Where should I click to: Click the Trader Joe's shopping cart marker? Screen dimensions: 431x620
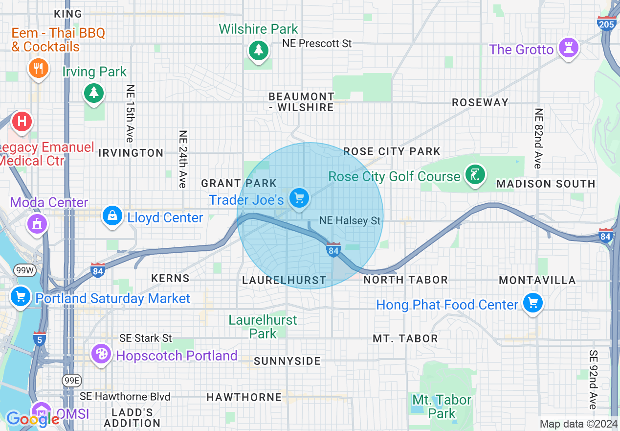point(299,198)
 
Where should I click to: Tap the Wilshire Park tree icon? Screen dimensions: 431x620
point(258,50)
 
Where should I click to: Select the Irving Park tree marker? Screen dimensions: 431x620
point(93,92)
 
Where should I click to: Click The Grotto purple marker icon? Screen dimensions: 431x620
point(569,48)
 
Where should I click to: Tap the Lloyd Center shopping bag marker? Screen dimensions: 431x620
point(112,216)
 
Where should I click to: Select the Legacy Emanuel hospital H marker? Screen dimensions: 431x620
point(22,120)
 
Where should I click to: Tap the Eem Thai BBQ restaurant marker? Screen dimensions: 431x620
point(39,68)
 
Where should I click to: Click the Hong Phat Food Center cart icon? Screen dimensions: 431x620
point(532,303)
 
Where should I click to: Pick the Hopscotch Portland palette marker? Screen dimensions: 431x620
point(102,354)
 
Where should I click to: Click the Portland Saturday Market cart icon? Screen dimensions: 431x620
point(21,297)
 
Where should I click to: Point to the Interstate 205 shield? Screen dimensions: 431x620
point(606,23)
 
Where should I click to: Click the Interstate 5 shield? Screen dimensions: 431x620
point(40,338)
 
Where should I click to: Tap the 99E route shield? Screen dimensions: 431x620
point(72,380)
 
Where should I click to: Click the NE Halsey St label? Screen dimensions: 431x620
point(350,221)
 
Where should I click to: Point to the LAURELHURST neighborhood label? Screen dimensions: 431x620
point(284,280)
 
